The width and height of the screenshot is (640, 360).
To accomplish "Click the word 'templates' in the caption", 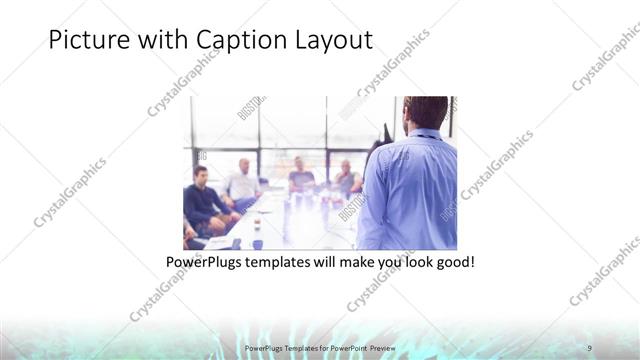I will coord(287,262).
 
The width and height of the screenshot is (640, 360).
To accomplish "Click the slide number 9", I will coord(590,347).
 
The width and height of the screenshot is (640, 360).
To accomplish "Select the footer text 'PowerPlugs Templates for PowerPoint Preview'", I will coord(320,347).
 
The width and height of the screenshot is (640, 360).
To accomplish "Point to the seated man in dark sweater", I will coord(203,200).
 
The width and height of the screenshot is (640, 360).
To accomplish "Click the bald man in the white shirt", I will coord(243,180).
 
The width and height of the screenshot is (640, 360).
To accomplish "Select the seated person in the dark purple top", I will coord(300,177).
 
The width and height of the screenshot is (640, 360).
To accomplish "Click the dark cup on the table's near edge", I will coord(257,243).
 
